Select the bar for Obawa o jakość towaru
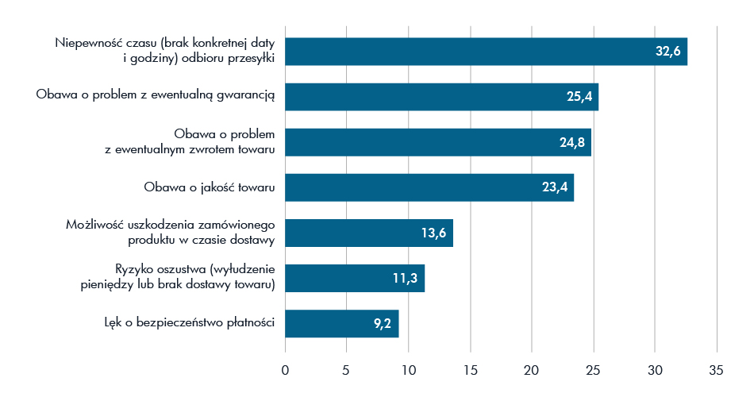[x=429, y=187]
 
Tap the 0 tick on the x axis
[x=286, y=369]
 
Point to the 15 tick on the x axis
[x=471, y=369]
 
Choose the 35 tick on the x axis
[x=717, y=369]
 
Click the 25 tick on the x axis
[x=594, y=369]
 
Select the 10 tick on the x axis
[x=409, y=369]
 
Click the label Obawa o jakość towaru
[x=209, y=187]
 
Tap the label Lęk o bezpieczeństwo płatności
[x=190, y=323]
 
